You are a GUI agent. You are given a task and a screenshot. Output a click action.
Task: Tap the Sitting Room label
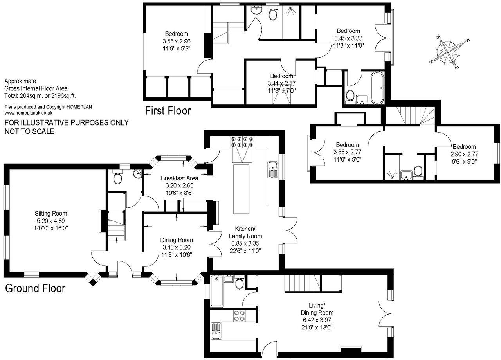click(51, 214)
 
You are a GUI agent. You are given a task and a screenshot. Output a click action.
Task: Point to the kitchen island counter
click(241, 189)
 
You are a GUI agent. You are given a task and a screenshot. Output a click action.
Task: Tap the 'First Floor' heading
click(168, 111)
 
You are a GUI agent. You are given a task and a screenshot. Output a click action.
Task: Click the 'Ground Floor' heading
click(35, 289)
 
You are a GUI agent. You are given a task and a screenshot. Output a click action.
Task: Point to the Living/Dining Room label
click(317, 309)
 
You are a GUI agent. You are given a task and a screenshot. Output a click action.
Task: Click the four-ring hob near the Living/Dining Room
click(239, 316)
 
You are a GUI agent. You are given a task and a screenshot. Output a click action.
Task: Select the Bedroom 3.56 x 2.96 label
click(176, 34)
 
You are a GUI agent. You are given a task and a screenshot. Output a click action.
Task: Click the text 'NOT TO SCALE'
click(29, 131)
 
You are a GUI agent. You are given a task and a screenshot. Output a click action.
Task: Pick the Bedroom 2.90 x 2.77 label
click(465, 147)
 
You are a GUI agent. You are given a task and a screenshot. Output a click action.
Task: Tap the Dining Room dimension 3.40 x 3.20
click(176, 247)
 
